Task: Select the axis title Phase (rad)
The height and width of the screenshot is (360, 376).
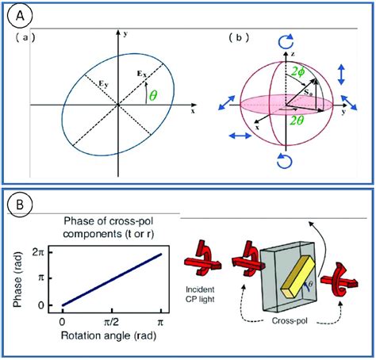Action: pos(16,278)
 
